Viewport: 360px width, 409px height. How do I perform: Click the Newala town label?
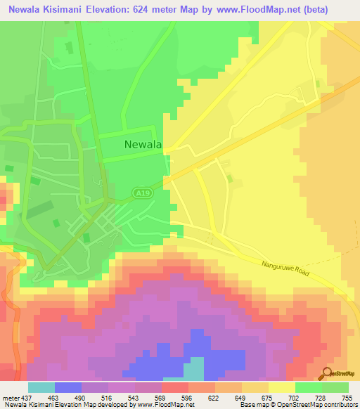click(143, 145)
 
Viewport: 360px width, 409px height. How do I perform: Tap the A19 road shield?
click(141, 192)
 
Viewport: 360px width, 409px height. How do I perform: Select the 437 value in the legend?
click(27, 397)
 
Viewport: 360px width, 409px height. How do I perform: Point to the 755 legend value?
click(340, 397)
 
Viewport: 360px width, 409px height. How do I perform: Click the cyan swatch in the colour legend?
click(41, 387)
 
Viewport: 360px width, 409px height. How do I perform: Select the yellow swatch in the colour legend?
click(281, 387)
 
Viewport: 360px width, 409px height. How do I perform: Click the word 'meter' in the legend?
click(10, 397)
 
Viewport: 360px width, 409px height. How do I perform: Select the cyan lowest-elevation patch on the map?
click(193, 370)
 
